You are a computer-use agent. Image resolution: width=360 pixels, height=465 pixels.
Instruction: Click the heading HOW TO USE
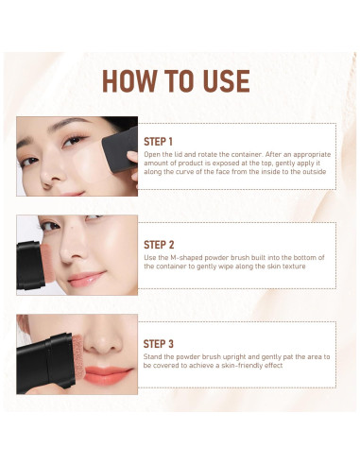tap(176, 81)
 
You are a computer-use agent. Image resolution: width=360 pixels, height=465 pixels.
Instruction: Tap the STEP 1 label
tap(158, 142)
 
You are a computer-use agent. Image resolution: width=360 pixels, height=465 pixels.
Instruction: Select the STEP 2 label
tap(159, 245)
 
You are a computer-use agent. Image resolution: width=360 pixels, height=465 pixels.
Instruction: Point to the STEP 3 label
tap(159, 344)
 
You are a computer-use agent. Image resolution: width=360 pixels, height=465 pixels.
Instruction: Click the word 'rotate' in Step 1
tap(207, 154)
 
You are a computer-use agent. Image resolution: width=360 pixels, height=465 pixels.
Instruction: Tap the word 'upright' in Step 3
tap(234, 357)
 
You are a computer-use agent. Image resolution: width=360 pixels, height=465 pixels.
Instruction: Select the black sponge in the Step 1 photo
tap(120, 149)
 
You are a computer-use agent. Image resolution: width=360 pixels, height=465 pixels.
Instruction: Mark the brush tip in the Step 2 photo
tap(45, 264)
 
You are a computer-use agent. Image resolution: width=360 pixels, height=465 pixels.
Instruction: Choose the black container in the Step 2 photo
tap(30, 266)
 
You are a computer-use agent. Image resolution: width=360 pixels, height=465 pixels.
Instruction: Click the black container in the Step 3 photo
tap(46, 362)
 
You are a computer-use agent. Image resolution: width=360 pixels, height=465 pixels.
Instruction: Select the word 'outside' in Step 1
tap(315, 172)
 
